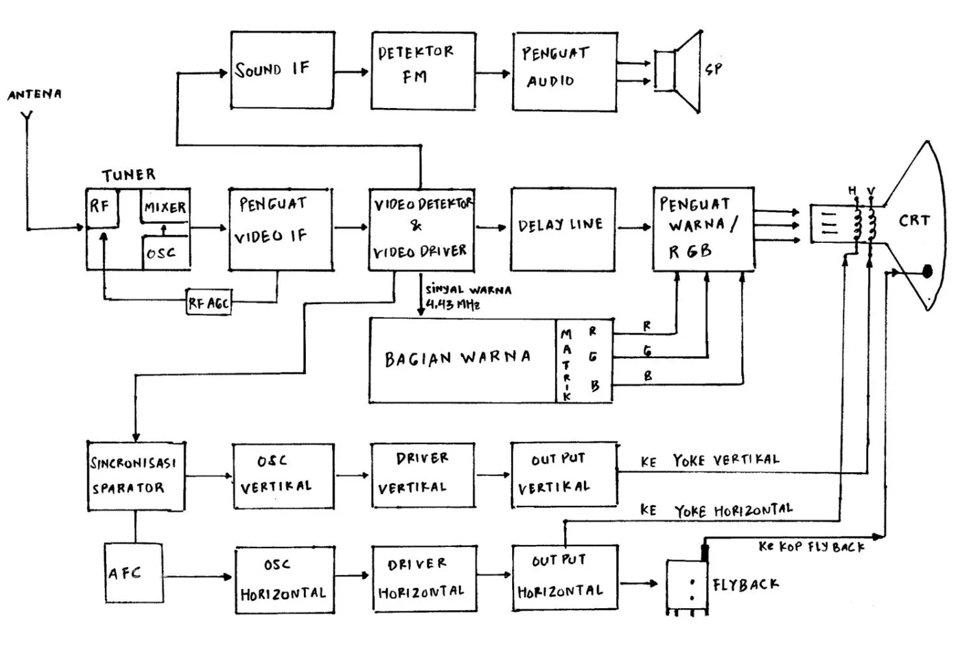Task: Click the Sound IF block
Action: click(282, 70)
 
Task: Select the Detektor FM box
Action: click(423, 70)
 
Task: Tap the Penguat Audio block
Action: click(564, 71)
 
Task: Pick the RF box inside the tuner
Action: click(101, 208)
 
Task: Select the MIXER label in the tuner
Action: click(165, 208)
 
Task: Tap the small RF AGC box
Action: click(208, 303)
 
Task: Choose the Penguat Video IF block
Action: click(281, 229)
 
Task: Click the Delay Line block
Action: click(562, 229)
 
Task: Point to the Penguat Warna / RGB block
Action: click(704, 229)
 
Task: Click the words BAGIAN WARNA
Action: click(458, 358)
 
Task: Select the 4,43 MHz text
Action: click(453, 305)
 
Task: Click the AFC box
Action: click(133, 573)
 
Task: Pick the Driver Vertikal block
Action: click(422, 475)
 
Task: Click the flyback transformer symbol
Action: click(687, 586)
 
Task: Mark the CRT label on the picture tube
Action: click(914, 221)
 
